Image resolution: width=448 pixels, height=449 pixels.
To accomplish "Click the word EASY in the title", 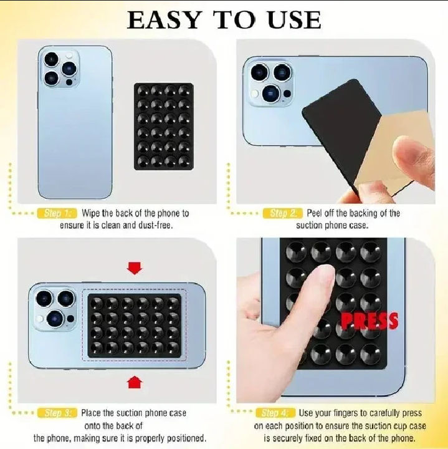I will tap(164, 19).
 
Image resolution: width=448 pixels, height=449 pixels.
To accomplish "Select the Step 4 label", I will tap(275, 413).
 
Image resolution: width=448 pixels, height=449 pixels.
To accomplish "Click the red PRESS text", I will tap(369, 321).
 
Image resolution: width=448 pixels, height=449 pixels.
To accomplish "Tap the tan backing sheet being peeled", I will tap(399, 150).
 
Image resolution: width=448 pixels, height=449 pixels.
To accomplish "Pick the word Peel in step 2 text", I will tap(317, 213).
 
